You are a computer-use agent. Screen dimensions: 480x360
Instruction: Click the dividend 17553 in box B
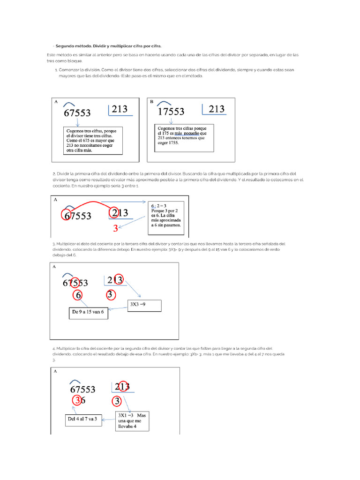(x=171, y=112)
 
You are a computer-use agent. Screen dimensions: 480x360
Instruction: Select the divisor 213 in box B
(x=216, y=109)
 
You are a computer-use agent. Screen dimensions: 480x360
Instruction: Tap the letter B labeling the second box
(x=151, y=101)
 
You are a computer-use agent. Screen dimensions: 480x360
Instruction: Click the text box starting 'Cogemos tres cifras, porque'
(x=93, y=141)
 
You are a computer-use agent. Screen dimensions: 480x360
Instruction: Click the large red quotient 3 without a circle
(x=115, y=229)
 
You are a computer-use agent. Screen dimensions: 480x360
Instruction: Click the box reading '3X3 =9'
(x=144, y=306)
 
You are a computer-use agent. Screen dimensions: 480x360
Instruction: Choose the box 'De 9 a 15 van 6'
(x=89, y=314)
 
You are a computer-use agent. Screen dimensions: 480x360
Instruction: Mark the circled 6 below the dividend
(x=78, y=295)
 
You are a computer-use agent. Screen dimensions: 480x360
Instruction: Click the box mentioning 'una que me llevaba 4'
(x=132, y=420)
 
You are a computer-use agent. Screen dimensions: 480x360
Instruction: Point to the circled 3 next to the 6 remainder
(x=77, y=401)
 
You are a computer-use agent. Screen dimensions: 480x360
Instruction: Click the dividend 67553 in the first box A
(x=77, y=113)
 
